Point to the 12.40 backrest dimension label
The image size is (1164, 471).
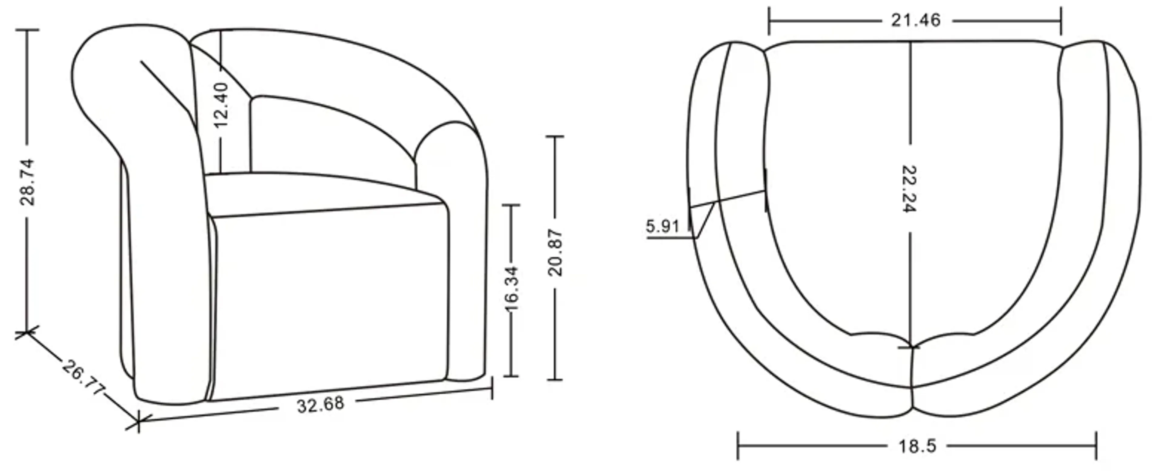tap(221, 105)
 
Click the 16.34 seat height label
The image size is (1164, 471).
tap(511, 289)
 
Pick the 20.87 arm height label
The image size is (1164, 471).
tap(555, 253)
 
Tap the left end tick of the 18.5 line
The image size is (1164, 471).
tap(738, 446)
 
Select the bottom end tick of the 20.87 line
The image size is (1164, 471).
tap(555, 379)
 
